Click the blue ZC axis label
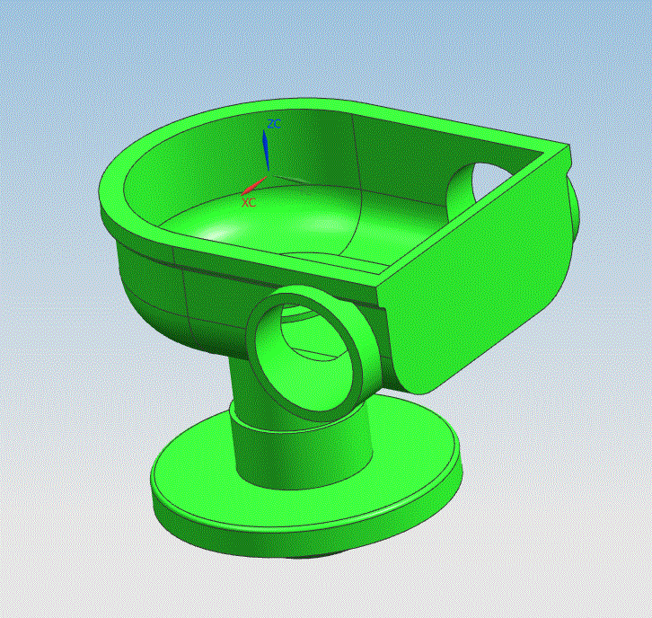click(274, 124)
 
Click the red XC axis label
click(249, 202)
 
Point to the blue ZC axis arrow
click(265, 150)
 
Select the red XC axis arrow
click(254, 185)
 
